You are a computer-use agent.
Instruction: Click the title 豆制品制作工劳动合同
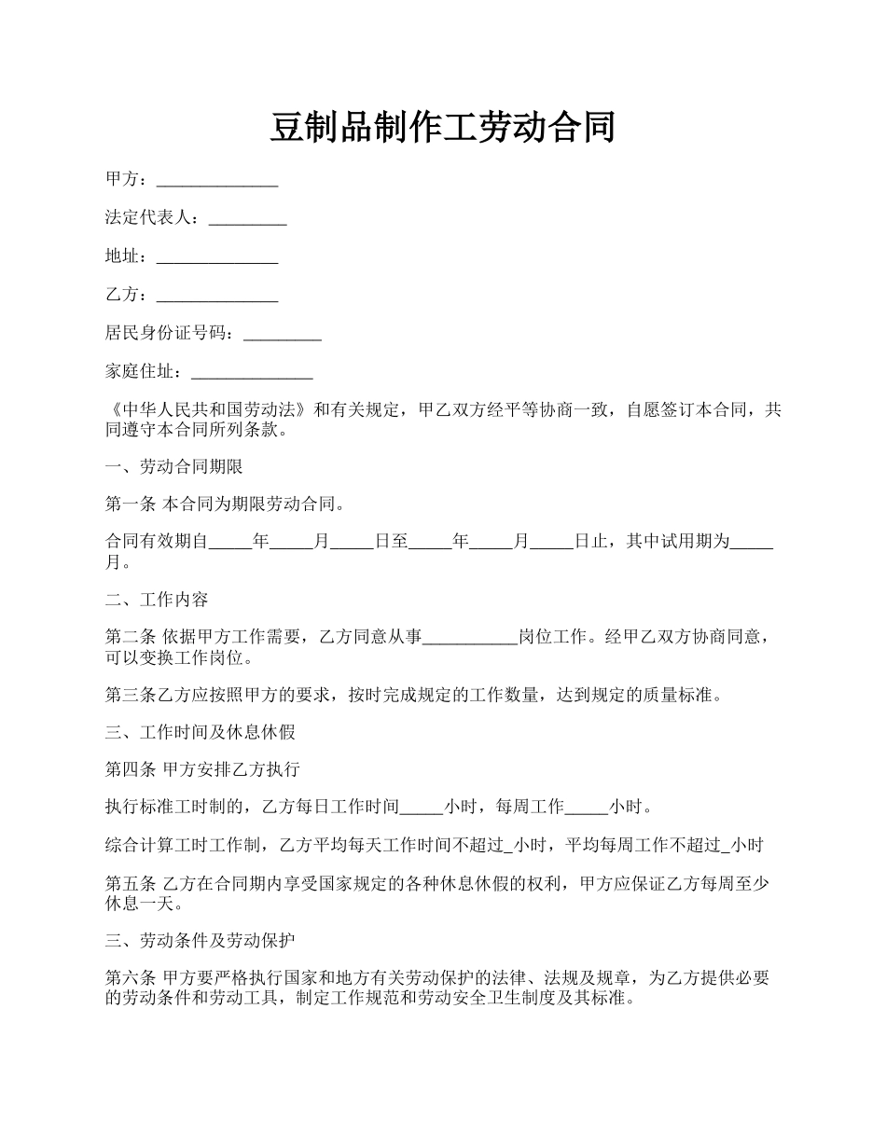click(x=442, y=127)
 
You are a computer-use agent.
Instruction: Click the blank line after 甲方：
click(x=217, y=180)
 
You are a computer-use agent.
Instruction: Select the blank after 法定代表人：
click(x=247, y=219)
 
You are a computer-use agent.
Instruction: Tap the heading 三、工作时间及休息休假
click(x=200, y=732)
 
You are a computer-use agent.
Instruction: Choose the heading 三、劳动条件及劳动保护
click(x=200, y=940)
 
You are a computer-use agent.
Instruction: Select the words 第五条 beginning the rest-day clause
click(x=130, y=883)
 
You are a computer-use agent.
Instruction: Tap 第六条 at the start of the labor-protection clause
click(x=130, y=978)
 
